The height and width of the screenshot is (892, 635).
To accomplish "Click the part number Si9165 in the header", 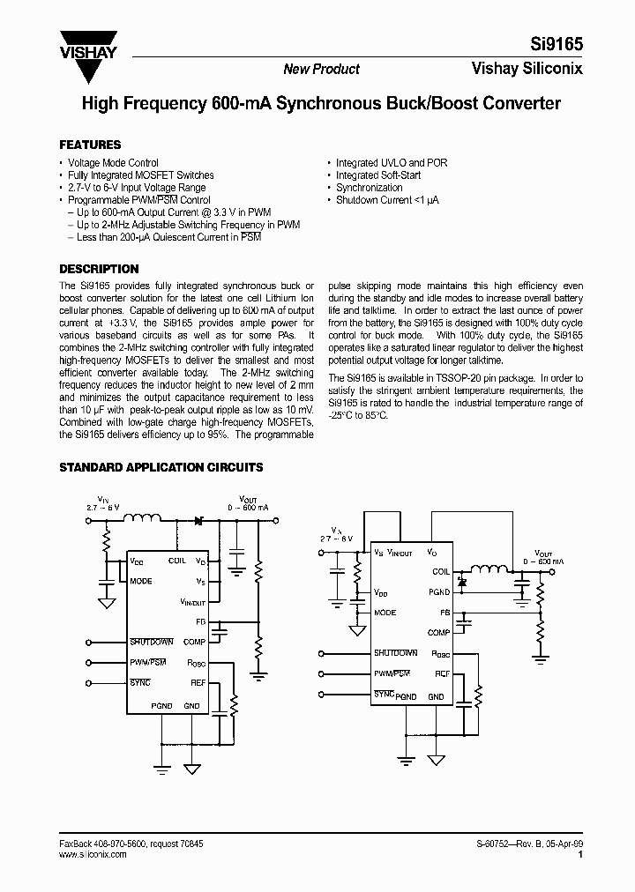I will point(561,41).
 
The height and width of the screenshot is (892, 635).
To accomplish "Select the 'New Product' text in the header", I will point(321,70).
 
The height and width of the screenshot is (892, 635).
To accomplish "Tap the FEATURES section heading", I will point(90,145).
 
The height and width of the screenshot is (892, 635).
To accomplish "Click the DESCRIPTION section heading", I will point(99,269).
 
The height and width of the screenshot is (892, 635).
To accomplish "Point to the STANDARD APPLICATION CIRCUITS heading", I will point(161,468).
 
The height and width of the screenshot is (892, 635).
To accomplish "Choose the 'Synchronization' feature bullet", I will point(369,188).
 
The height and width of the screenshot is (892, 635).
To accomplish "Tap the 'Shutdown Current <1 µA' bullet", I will point(387,200).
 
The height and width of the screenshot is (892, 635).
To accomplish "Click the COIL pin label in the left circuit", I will point(177,561).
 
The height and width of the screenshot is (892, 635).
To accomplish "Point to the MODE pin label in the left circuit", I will point(141,582).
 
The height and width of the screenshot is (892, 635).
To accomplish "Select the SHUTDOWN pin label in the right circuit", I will point(395,653).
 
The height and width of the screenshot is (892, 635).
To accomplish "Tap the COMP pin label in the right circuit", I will point(438,633).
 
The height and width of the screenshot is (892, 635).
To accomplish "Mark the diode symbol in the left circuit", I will point(198,521).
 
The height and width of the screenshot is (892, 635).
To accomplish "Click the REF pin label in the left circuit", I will point(198,683).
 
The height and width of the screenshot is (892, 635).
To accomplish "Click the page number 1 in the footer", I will point(579,854).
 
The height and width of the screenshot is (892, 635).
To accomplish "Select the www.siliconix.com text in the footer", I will point(94,854).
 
